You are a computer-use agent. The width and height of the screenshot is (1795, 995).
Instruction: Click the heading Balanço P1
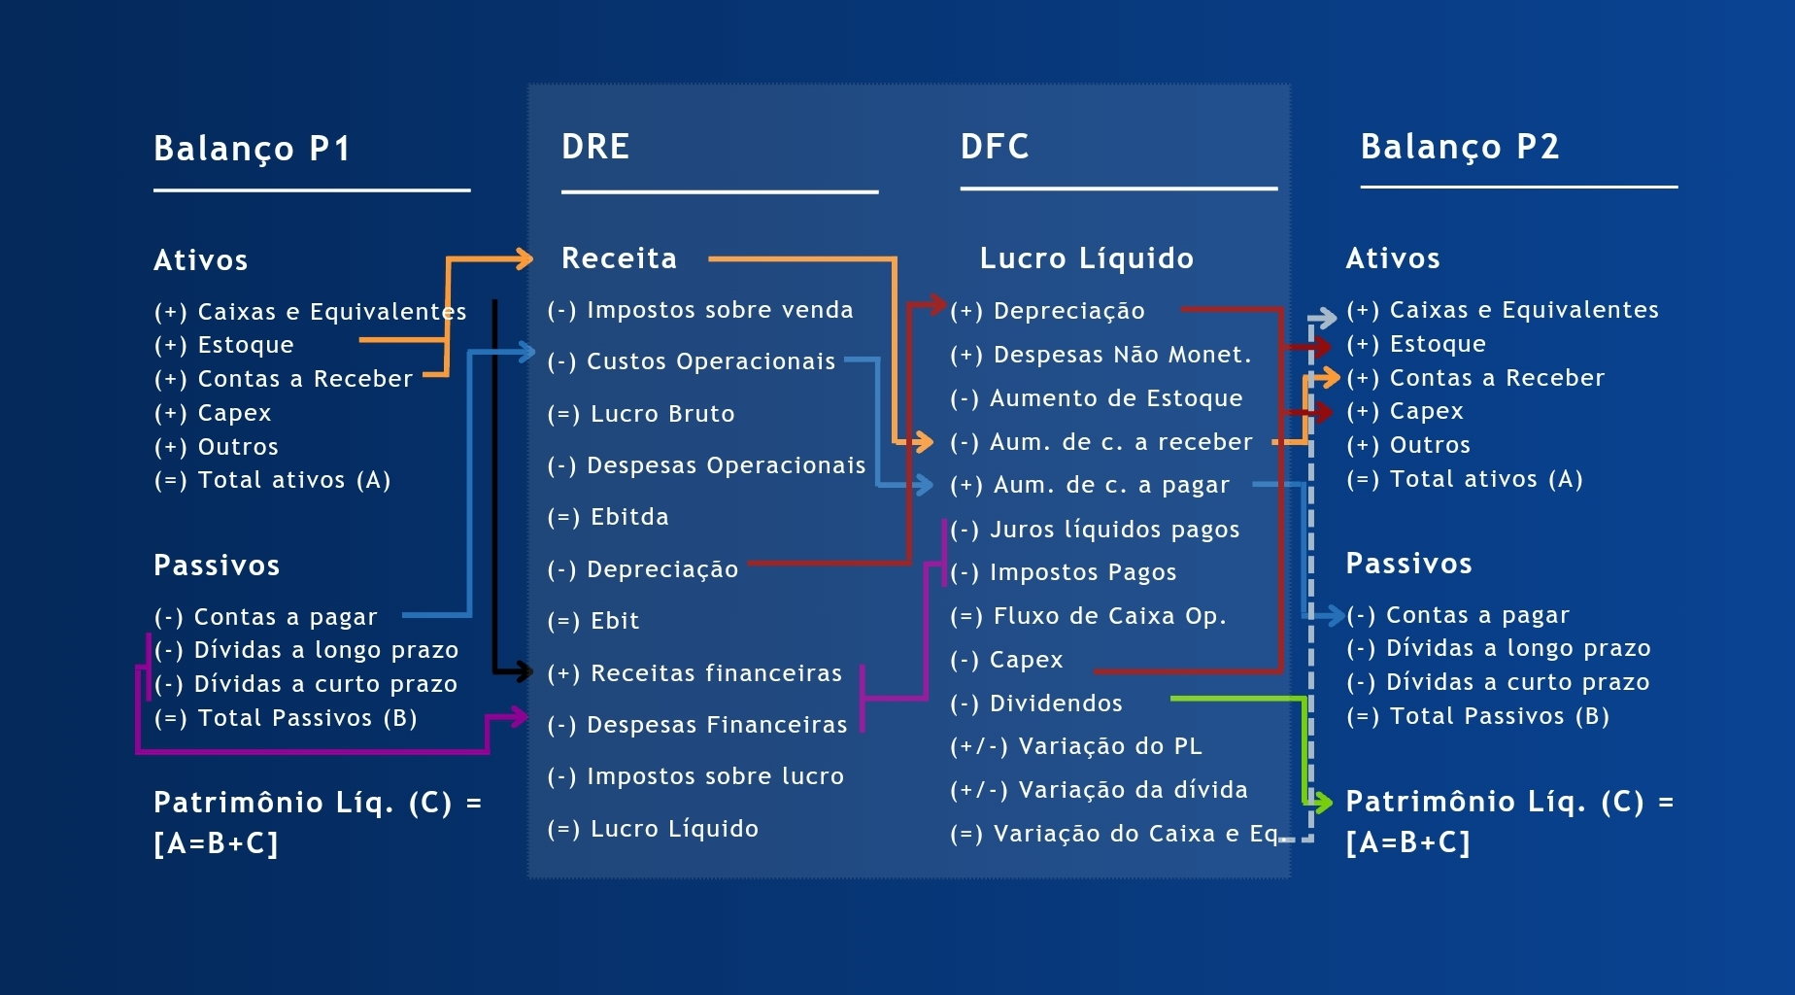(x=252, y=149)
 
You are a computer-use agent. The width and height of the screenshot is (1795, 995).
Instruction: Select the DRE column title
(x=595, y=147)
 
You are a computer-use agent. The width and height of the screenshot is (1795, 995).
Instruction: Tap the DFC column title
(x=995, y=147)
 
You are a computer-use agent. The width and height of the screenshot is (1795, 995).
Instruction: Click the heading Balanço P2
(x=1459, y=147)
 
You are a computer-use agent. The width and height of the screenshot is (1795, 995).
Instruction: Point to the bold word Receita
(x=619, y=258)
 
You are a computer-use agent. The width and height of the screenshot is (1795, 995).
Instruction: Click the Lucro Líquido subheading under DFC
(x=1086, y=258)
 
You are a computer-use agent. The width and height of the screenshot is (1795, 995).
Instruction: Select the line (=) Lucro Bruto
(x=641, y=414)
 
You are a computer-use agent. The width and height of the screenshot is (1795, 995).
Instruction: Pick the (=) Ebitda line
(x=608, y=517)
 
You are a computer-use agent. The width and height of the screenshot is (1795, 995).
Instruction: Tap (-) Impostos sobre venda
(x=699, y=310)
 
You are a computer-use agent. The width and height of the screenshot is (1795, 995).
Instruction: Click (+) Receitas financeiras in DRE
(x=694, y=673)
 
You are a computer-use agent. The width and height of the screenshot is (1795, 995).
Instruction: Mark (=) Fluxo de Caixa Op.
(x=1088, y=616)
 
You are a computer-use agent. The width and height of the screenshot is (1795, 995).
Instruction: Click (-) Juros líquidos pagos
(x=1095, y=530)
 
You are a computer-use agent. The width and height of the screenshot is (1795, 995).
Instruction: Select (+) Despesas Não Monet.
(x=1101, y=355)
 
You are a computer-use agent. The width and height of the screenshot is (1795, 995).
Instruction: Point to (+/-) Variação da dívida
(x=1099, y=790)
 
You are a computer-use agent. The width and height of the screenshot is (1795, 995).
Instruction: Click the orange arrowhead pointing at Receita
(x=524, y=258)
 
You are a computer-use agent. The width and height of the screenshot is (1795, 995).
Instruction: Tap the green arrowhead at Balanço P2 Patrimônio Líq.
(x=1322, y=802)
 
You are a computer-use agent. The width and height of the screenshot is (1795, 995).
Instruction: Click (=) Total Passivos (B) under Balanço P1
(x=286, y=718)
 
